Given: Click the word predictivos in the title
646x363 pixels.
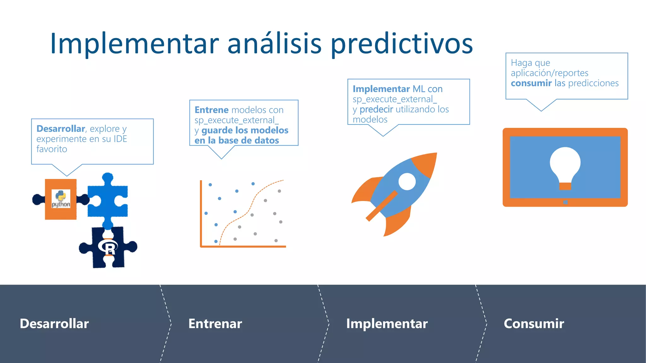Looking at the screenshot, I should [401, 44].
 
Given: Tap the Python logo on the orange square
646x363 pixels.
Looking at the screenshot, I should [61, 199].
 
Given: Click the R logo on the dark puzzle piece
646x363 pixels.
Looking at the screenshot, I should [108, 247].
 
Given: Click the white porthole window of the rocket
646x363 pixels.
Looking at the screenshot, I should [407, 181].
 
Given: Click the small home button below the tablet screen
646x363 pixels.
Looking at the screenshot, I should [565, 202].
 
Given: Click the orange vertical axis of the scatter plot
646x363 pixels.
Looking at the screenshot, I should [201, 214].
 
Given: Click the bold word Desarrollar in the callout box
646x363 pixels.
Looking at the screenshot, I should [61, 129].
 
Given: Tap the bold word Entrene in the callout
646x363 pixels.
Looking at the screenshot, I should [211, 110].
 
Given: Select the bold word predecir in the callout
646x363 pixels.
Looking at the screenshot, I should [376, 109].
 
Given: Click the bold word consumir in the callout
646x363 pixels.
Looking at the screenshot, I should [531, 83].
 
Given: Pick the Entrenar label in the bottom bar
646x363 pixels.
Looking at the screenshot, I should [215, 324].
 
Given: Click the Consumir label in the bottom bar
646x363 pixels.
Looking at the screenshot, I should [534, 324].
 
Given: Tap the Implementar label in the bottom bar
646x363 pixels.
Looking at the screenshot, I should [387, 324].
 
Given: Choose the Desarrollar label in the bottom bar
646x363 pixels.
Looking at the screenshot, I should [54, 324].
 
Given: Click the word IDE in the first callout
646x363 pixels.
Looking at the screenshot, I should [120, 139].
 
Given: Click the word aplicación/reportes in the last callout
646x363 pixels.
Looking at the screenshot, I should [549, 73].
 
